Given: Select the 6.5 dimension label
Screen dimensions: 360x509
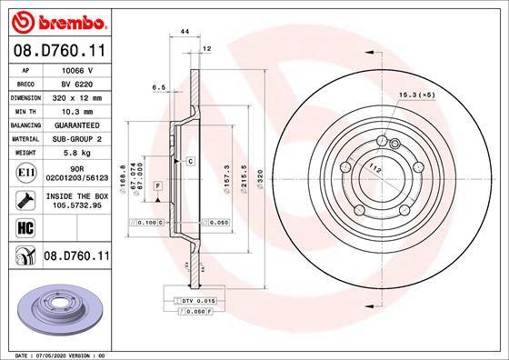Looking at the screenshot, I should pos(156,88).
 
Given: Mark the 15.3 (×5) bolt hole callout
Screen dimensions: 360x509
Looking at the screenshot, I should pos(415,94).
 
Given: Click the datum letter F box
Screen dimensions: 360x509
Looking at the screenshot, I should pos(157,185).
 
